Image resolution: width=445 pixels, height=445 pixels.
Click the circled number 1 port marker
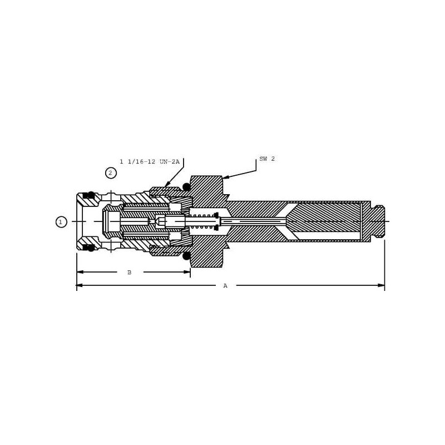[x=61, y=222]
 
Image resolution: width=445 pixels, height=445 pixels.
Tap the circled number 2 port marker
[x=111, y=173]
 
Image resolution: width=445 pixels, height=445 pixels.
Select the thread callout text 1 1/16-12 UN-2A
[x=150, y=162]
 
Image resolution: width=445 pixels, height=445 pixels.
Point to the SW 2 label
[x=267, y=159]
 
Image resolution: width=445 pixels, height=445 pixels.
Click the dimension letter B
[x=130, y=272]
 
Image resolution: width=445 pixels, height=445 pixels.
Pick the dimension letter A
[x=225, y=285]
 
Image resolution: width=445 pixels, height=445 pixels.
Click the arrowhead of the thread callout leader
[x=166, y=185]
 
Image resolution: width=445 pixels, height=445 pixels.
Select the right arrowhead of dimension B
[x=187, y=272]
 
